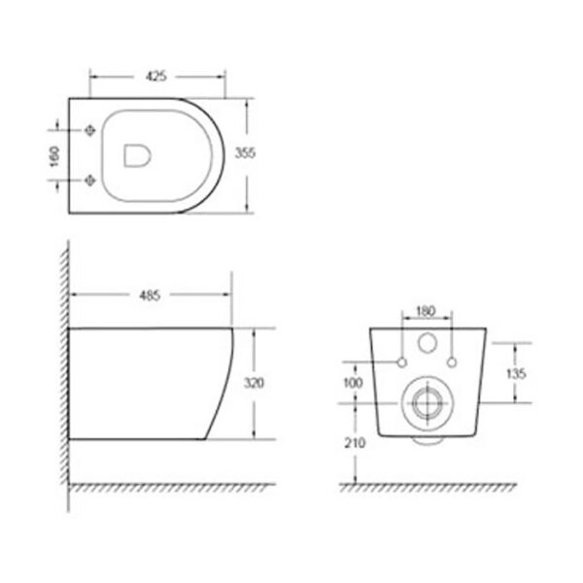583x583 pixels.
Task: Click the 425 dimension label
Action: click(x=156, y=77)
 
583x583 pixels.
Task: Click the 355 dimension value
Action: click(x=245, y=153)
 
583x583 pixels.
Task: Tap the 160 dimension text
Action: click(x=54, y=156)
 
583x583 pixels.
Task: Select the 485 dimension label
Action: click(x=150, y=295)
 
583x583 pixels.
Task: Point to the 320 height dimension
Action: click(x=254, y=383)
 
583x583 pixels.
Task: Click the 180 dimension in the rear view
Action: click(x=426, y=311)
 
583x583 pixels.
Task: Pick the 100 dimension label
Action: click(x=353, y=383)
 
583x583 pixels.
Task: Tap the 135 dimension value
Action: click(x=516, y=373)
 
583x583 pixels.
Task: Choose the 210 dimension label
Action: click(x=355, y=443)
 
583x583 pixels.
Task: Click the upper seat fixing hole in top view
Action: click(x=90, y=130)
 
